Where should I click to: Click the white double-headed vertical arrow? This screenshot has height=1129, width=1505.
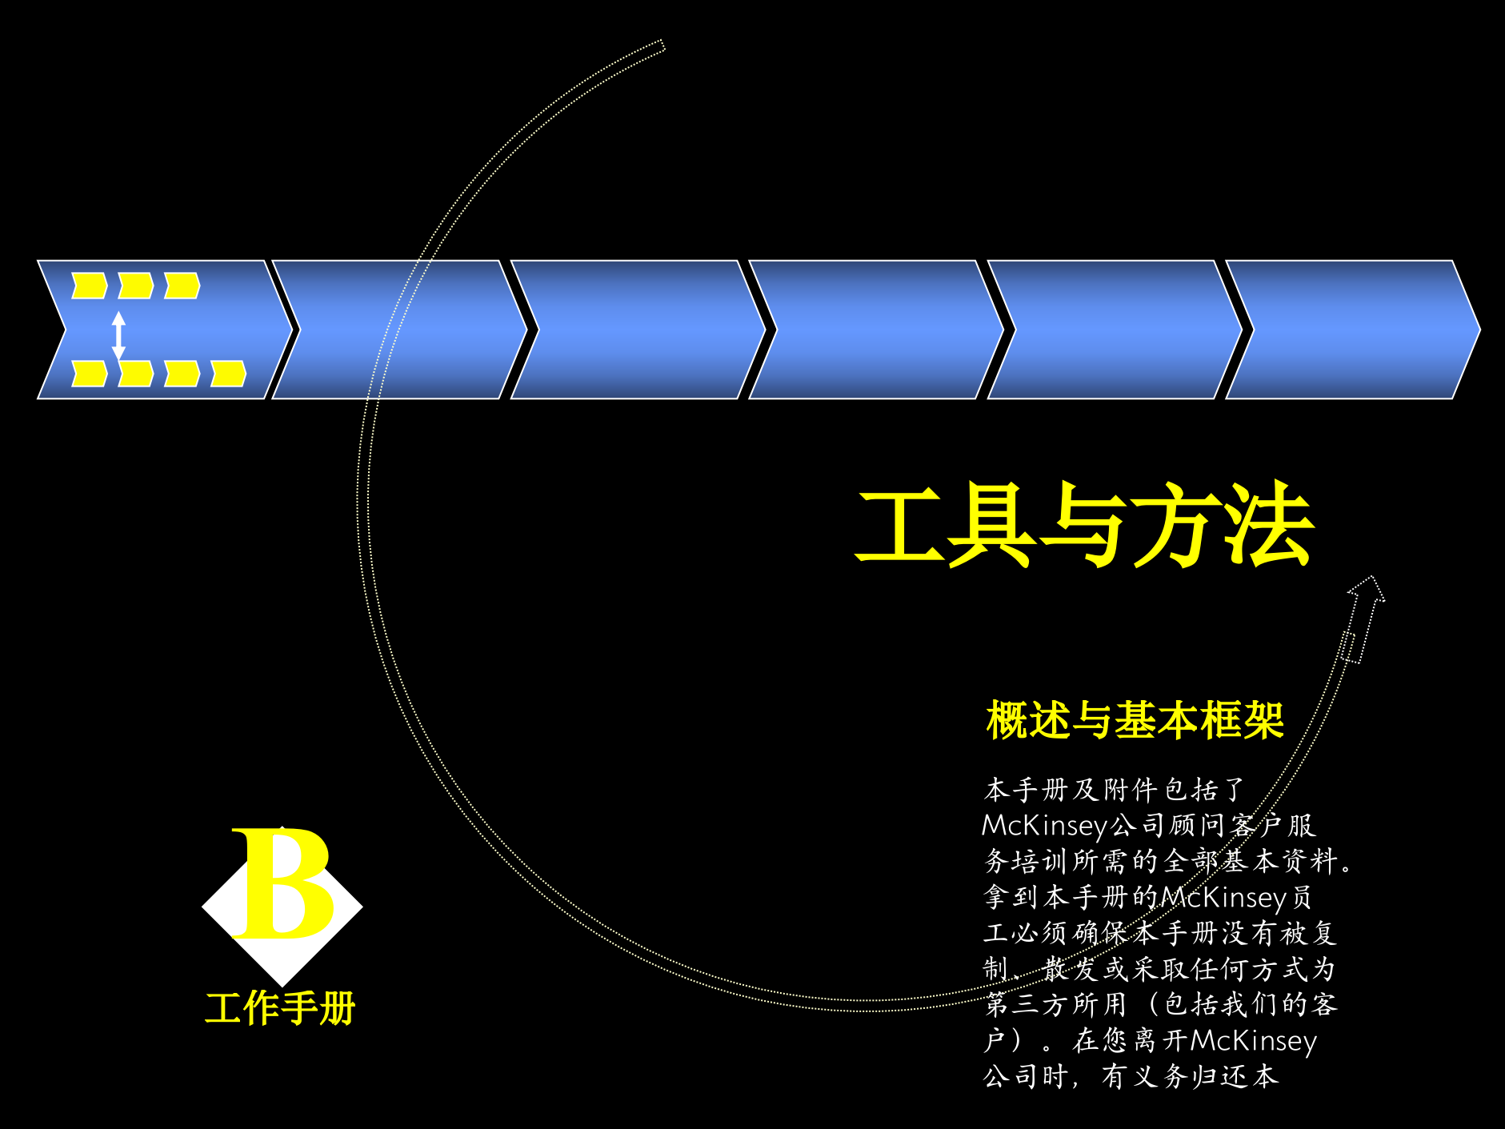click(118, 335)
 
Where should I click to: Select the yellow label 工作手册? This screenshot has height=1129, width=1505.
click(280, 1008)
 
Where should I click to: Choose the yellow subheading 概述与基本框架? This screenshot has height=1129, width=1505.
click(1135, 720)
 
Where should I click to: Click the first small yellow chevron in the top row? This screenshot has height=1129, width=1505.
click(89, 286)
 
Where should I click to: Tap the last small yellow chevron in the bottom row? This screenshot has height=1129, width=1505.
click(228, 374)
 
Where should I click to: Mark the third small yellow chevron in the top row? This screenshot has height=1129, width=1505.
click(182, 286)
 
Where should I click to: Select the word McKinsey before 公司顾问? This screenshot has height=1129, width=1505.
click(1045, 825)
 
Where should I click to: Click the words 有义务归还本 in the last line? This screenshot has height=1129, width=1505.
click(1190, 1076)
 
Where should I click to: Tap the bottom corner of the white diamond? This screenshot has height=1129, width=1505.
click(282, 983)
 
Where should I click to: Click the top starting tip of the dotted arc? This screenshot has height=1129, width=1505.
click(662, 45)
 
